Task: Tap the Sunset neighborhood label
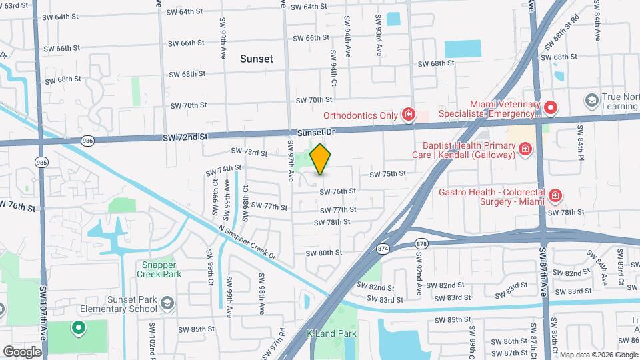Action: pos(257,59)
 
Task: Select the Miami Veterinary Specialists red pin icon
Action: pos(550,107)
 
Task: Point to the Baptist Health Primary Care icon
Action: pos(525,148)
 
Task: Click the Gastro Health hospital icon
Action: pos(555,196)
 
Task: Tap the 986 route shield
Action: pos(87,141)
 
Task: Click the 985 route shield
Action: pos(41,161)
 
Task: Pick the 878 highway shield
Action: pos(421,244)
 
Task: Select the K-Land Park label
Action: pos(331,333)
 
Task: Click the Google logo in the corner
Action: pos(22,351)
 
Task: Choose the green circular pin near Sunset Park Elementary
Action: pos(78,327)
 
